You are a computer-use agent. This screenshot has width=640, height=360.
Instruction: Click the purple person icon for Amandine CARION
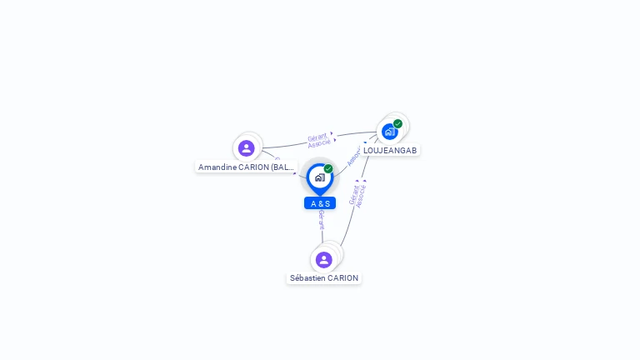click(246, 148)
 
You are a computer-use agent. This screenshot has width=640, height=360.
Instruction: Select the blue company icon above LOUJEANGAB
click(389, 131)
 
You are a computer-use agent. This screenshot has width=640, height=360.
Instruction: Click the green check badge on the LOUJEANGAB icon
click(398, 123)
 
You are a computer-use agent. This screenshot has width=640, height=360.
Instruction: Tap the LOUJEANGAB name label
click(390, 151)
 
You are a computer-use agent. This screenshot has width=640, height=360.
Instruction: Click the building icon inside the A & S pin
click(319, 177)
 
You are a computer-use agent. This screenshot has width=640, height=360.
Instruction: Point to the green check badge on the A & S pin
click(328, 169)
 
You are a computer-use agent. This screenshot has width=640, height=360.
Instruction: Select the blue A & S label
click(320, 203)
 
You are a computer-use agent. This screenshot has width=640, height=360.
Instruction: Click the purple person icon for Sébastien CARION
click(324, 260)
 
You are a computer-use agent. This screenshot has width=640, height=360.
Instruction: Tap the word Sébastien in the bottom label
click(307, 278)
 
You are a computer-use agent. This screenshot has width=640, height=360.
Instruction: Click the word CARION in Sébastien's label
click(343, 278)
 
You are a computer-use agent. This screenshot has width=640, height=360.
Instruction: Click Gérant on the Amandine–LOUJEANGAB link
click(317, 137)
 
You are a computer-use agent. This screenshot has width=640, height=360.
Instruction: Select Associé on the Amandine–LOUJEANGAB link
click(319, 144)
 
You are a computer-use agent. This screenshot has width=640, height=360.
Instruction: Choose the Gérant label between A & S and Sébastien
click(322, 219)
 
